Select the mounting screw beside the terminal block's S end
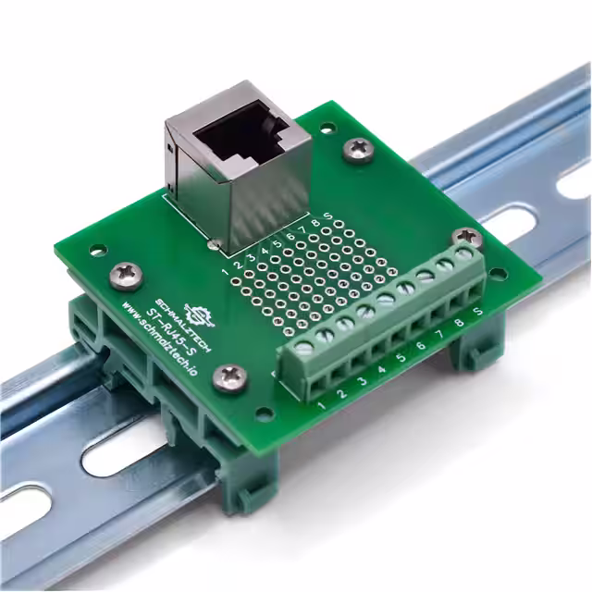click(x=465, y=239)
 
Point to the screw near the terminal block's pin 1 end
click(x=228, y=376)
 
